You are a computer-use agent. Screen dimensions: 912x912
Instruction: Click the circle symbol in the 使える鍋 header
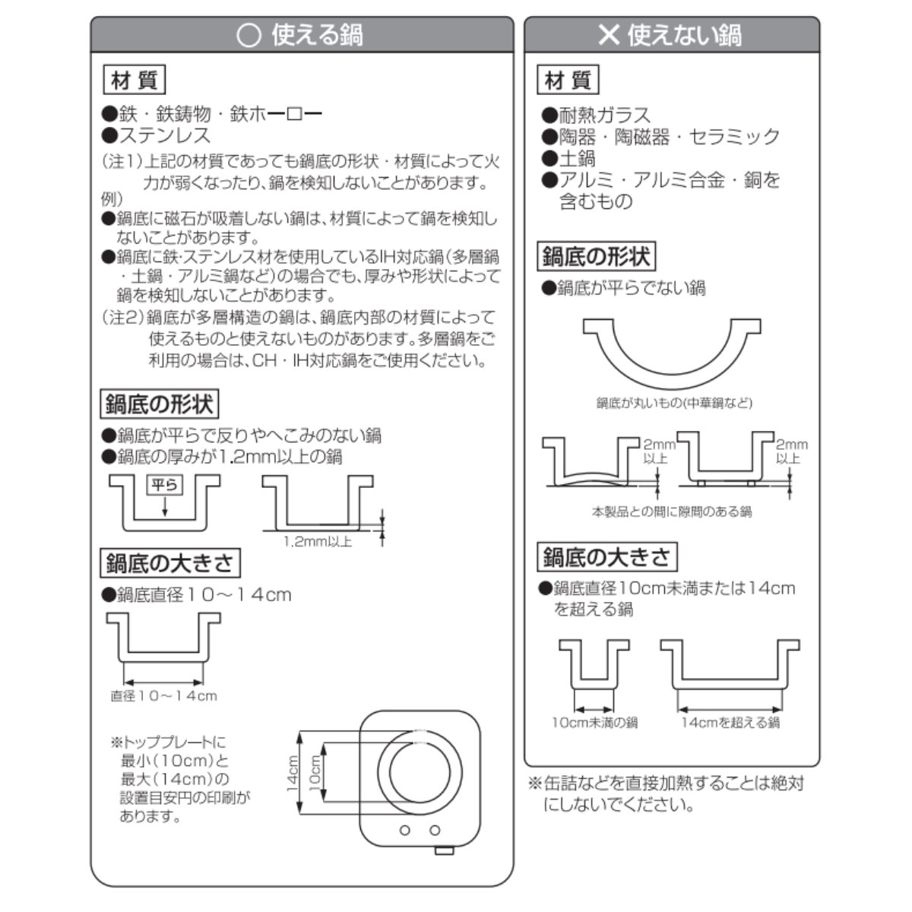coord(249,36)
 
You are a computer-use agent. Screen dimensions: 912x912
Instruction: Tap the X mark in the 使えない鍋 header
coord(609,34)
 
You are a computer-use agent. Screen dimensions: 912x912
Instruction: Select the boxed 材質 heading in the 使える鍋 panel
coord(135,80)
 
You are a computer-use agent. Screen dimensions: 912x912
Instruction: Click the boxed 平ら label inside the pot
coord(165,485)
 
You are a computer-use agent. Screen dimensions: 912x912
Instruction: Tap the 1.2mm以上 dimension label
coord(318,542)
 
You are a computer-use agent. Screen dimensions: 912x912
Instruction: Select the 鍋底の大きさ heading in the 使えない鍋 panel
coord(607,557)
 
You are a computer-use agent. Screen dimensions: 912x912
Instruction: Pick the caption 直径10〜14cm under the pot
coord(163,696)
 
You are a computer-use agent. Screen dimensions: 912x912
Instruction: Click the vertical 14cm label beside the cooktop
coord(293,774)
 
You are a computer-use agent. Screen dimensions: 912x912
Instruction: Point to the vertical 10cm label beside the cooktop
coord(315,772)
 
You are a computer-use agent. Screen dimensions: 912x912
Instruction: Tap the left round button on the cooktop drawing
coord(404,830)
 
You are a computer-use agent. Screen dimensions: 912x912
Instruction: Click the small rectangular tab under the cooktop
coord(444,851)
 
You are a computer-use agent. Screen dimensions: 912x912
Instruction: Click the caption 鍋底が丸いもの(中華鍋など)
coord(674,404)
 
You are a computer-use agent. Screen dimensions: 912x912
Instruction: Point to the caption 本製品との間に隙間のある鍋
coord(672,511)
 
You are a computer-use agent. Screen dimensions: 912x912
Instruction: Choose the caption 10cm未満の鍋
coord(595,723)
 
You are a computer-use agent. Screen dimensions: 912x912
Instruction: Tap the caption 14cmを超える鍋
coord(730,723)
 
